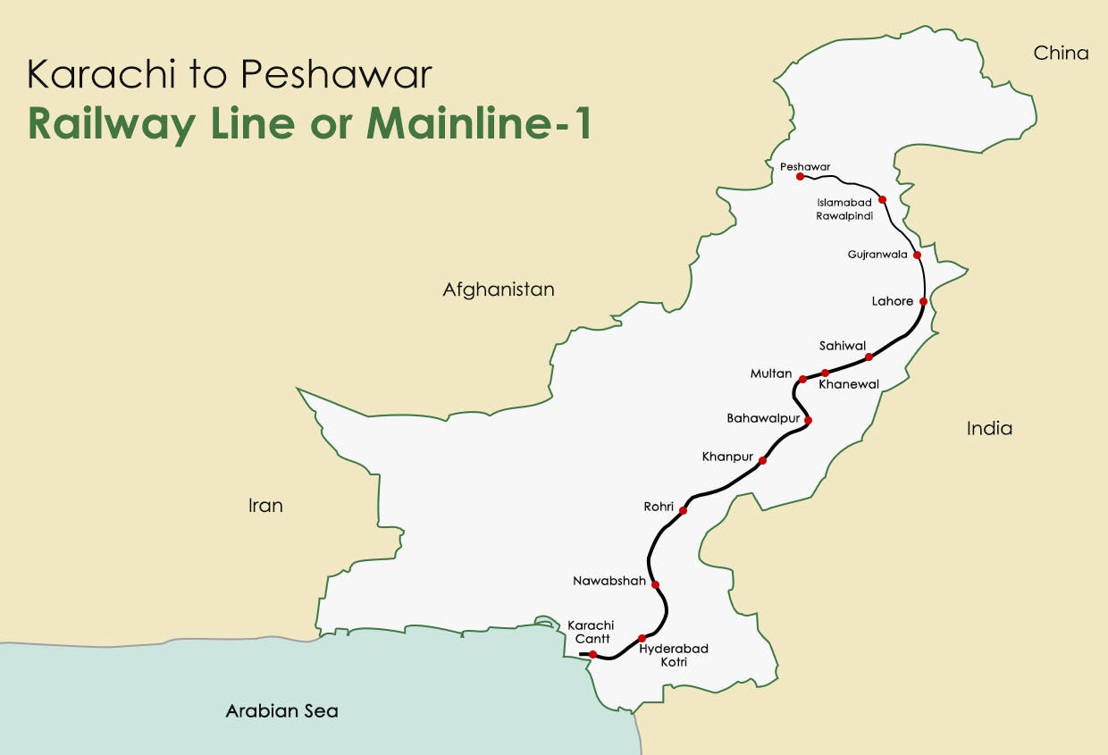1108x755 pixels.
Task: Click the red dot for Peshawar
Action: (x=801, y=177)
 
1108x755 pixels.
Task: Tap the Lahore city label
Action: (x=892, y=301)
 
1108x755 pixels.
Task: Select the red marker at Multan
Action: (x=802, y=379)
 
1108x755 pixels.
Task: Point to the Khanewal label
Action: (x=849, y=384)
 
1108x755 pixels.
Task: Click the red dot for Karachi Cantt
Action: (x=592, y=654)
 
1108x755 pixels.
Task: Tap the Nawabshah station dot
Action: (x=655, y=584)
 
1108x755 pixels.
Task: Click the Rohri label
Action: (x=658, y=507)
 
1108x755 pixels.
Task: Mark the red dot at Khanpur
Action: (x=762, y=461)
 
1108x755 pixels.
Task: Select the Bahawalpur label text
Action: (x=762, y=417)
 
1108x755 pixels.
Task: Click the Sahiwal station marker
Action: (x=869, y=357)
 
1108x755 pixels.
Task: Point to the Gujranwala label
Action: (x=877, y=255)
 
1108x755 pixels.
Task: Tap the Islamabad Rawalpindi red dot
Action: (x=882, y=199)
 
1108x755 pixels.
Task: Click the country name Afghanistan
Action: (x=498, y=289)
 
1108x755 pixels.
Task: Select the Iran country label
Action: (x=265, y=506)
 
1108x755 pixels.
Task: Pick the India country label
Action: (x=989, y=429)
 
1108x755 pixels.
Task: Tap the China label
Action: (x=1061, y=54)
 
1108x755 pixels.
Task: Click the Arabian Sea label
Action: (x=281, y=712)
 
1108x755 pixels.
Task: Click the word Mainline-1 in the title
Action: (x=479, y=125)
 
